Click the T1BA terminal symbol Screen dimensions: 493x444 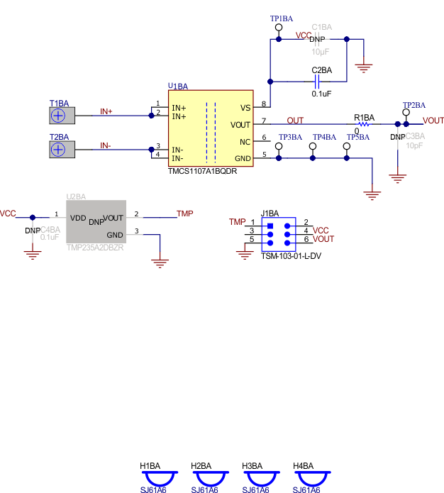coord(59,116)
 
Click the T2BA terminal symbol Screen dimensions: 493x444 coord(59,149)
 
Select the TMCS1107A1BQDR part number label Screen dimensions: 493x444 coord(202,171)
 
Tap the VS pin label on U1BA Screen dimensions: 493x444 coord(245,108)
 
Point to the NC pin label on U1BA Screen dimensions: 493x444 coord(245,141)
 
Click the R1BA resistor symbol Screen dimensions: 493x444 coord(363,124)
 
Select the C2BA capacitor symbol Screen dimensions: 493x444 coord(321,81)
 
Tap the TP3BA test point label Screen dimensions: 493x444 coord(290,137)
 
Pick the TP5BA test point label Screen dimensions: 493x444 coord(358,137)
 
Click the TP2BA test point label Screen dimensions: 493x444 coord(414,105)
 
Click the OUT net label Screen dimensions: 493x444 coord(295,121)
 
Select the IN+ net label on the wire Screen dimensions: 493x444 coord(106,111)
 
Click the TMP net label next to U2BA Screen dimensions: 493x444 coord(184,213)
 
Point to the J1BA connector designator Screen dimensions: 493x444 coord(270,213)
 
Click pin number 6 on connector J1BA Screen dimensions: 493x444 coord(306,240)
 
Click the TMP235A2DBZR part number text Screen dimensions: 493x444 coord(95,248)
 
